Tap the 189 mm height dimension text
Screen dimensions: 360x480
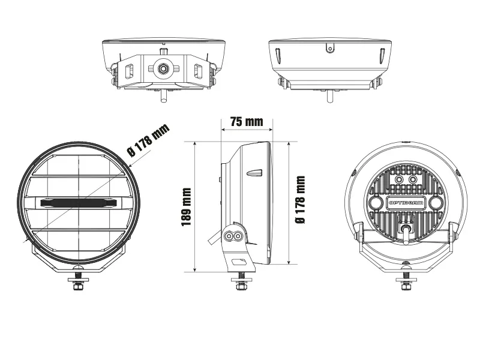187,207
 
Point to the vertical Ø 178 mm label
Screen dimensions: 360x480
301,200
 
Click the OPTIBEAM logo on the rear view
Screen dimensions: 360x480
406,203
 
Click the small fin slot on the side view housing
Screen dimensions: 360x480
254,173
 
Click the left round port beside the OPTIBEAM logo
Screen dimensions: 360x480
376,203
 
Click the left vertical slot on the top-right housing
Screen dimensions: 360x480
277,56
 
